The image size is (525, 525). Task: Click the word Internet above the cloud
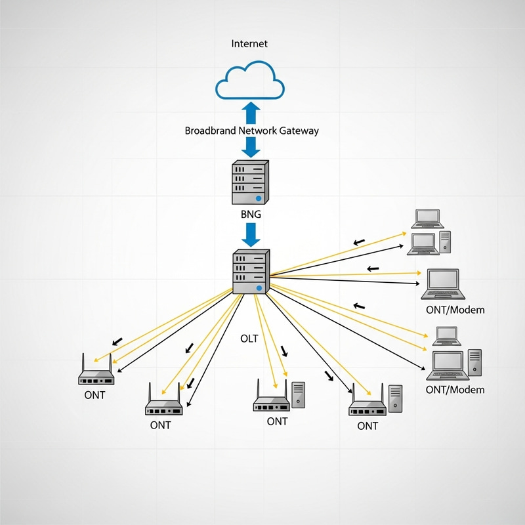(x=249, y=44)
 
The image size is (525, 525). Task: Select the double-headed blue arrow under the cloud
(x=250, y=113)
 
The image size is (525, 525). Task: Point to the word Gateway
(x=299, y=131)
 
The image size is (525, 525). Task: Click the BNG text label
(x=251, y=215)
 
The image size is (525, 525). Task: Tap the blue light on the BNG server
(x=259, y=198)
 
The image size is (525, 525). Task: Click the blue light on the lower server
(x=260, y=287)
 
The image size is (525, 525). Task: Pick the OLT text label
(x=249, y=339)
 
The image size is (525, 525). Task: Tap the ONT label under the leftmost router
(x=94, y=396)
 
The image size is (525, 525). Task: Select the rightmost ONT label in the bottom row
(x=367, y=426)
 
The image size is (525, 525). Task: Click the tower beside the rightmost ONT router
(x=395, y=399)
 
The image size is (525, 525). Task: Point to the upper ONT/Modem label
(x=455, y=310)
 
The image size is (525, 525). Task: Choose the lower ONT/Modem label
(x=455, y=390)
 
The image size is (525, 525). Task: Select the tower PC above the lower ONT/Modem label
(x=474, y=365)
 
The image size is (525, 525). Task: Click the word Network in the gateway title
(x=258, y=131)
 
